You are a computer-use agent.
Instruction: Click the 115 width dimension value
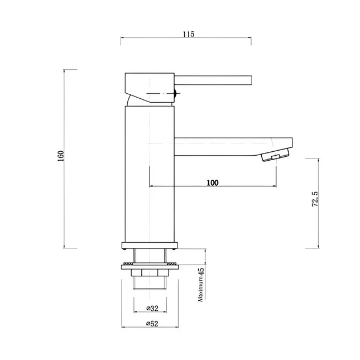pos(187,34)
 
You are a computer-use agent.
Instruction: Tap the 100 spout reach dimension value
pos(212,183)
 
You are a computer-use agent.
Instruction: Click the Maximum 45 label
pos(201,285)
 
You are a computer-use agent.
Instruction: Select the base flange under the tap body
pos(150,244)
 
